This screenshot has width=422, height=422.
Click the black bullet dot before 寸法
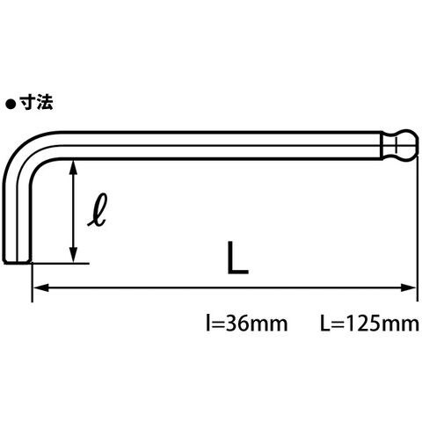(x=11, y=105)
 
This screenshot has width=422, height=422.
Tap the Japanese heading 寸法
(x=37, y=104)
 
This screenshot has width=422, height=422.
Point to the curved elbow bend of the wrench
(x=20, y=152)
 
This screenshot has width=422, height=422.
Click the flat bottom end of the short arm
(x=18, y=262)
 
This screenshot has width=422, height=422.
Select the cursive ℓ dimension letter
(x=97, y=210)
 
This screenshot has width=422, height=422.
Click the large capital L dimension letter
(x=237, y=258)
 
